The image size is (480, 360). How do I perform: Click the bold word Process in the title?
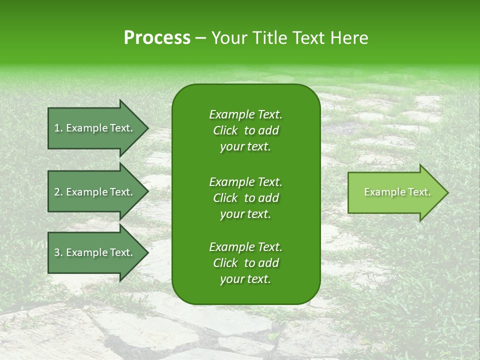pos(157,38)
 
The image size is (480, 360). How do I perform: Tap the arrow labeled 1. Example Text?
pos(95,128)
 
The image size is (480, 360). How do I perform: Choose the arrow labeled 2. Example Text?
pos(95,192)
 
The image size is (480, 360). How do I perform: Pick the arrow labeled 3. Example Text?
pos(95,252)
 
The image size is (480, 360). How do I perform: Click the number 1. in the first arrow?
pos(58,128)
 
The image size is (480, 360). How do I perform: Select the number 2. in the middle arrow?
pos(58,192)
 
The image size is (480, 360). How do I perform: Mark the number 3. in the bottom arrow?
pos(58,252)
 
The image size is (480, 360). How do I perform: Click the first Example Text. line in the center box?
pos(245,114)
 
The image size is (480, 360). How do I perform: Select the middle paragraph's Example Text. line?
pos(245,181)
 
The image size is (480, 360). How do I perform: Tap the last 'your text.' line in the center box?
pos(245,279)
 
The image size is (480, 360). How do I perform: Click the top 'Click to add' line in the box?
pos(245,130)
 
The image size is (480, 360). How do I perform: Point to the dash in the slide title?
pos(200,38)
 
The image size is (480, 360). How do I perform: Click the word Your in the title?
pos(228,38)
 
